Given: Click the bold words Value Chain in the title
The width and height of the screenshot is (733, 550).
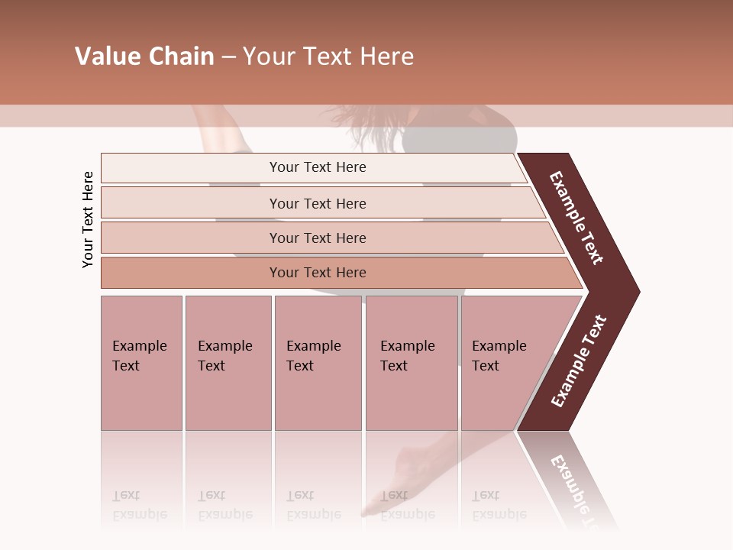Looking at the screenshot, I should [x=144, y=57].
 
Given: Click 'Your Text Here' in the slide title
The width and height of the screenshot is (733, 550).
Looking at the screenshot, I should [x=328, y=57].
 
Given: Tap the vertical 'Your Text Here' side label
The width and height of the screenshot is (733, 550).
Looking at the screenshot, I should [x=88, y=219].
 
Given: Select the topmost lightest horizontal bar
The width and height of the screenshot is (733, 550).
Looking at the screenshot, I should [x=191, y=167].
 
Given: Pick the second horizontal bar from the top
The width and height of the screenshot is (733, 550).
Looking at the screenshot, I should [x=191, y=203].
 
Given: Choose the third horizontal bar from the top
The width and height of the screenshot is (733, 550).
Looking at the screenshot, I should [x=191, y=238].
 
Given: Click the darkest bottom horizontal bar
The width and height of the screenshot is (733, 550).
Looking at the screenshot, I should [x=191, y=273].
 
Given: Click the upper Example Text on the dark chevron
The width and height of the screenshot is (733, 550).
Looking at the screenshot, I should [x=576, y=218].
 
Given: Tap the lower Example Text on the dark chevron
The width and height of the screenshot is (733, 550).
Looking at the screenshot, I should [x=579, y=361].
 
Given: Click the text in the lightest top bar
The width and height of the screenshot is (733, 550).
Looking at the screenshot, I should [x=318, y=167].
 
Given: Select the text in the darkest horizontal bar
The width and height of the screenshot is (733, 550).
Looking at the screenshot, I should [x=318, y=273].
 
